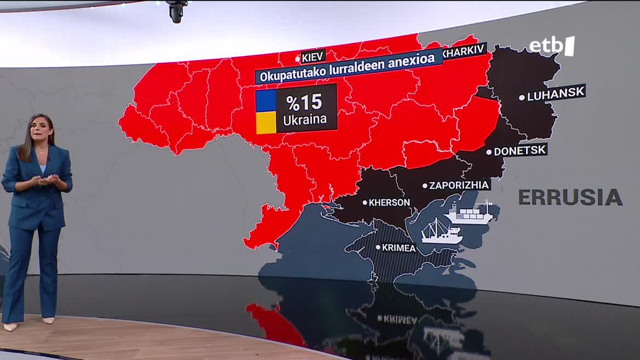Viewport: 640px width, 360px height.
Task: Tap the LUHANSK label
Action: (556, 94)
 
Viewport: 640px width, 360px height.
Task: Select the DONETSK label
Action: (520, 151)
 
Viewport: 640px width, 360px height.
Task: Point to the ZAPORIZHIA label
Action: (459, 185)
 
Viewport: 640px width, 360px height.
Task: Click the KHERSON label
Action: (389, 202)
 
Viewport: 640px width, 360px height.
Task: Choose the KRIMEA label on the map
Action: (399, 248)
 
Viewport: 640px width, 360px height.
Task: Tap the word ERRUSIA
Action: (570, 197)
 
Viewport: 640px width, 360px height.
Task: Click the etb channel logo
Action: (551, 46)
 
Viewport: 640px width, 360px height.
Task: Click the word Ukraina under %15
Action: (305, 119)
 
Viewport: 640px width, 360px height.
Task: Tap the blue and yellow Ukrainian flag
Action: (266, 112)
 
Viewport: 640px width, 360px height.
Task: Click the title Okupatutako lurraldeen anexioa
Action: (347, 67)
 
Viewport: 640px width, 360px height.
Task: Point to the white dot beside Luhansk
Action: (522, 98)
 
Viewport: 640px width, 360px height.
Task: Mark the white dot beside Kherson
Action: (365, 202)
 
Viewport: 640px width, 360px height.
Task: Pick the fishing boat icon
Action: (441, 232)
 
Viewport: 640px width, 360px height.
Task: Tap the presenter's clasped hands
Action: (48, 180)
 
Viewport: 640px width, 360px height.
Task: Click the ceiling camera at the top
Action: (177, 11)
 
